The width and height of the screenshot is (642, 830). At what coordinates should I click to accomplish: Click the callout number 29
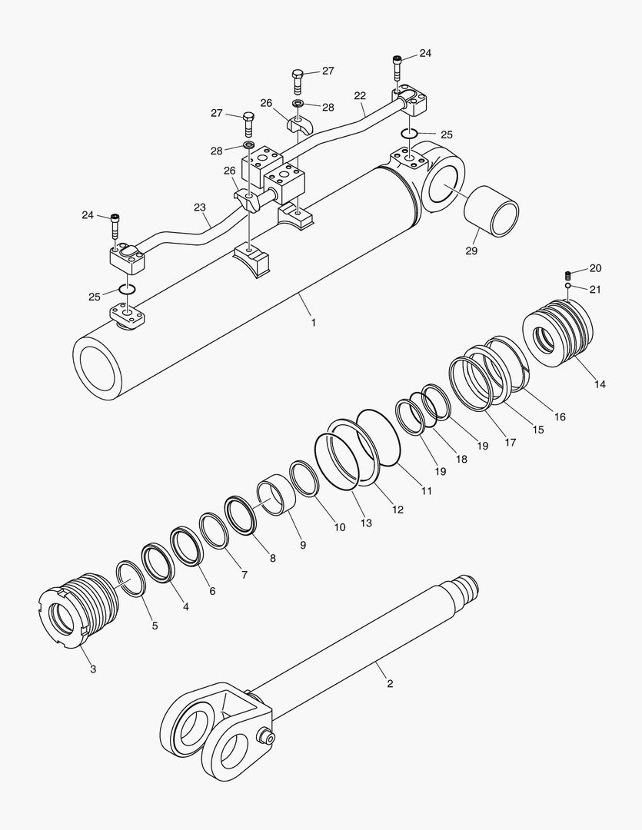(471, 251)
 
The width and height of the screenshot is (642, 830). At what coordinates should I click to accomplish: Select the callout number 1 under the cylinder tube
(313, 322)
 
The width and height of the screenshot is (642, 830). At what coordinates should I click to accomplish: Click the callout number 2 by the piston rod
(390, 683)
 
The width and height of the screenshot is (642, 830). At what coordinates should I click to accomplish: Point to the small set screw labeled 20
(568, 274)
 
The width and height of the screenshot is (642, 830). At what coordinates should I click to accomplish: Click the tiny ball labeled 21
(567, 287)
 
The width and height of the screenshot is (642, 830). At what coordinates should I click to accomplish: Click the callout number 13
(366, 523)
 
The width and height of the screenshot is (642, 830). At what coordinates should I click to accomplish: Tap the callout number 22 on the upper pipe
(360, 95)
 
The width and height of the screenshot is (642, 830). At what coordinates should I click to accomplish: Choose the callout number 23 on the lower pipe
(200, 207)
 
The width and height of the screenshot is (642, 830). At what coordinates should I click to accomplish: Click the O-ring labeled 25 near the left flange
(128, 290)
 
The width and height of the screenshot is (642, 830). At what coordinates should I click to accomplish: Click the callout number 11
(425, 490)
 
